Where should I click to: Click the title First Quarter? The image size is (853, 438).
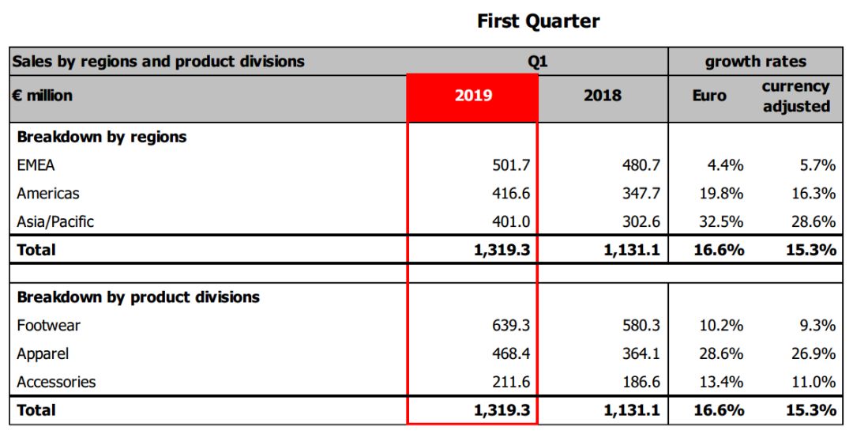[x=538, y=21]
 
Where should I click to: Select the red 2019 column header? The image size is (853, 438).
[x=473, y=96]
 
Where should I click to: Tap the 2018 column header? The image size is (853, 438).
[x=603, y=96]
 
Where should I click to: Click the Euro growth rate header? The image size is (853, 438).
[x=708, y=96]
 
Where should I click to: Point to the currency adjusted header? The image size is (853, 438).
[x=795, y=96]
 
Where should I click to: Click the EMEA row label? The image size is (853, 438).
[x=36, y=165]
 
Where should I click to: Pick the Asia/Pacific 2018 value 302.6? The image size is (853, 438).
[x=641, y=222]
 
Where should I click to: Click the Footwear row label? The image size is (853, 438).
[x=49, y=326]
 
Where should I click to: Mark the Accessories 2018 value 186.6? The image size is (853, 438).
[x=641, y=383]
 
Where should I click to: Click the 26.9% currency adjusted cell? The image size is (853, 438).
[x=814, y=354]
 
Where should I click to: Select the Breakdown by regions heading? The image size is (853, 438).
[x=102, y=137]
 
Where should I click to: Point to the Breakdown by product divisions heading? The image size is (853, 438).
[x=138, y=298]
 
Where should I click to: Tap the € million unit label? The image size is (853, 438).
[x=43, y=96]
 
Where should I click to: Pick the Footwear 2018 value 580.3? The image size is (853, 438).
[x=641, y=326]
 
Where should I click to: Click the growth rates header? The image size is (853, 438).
[x=756, y=62]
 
